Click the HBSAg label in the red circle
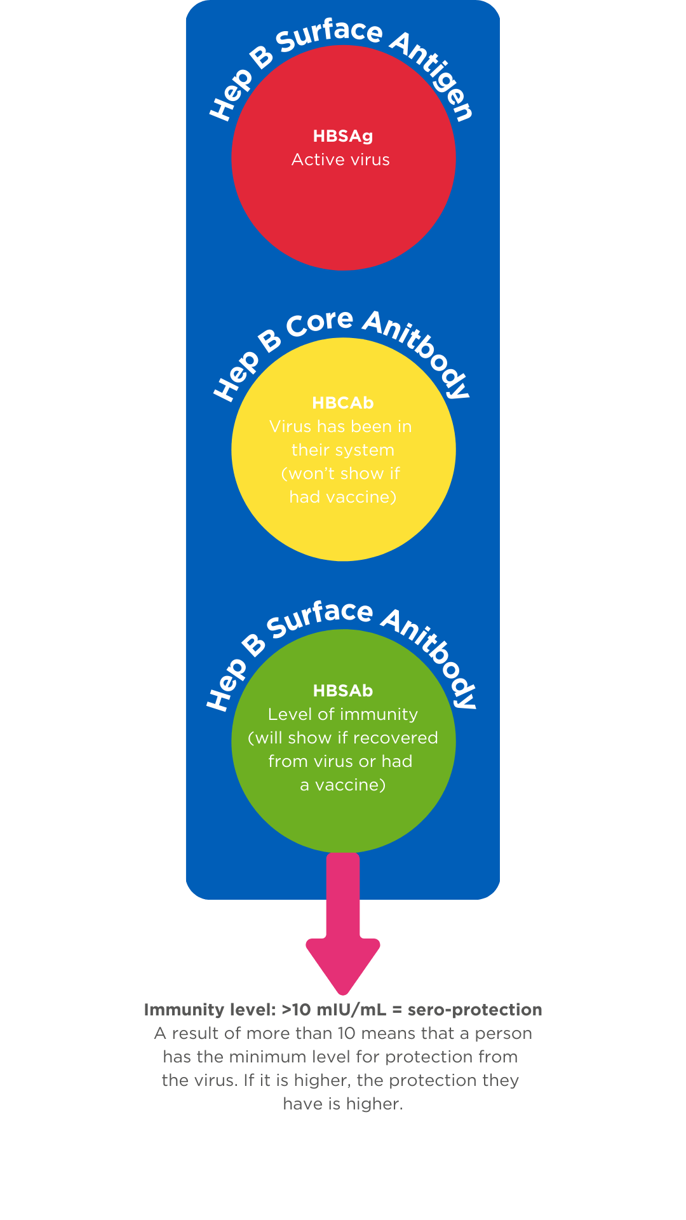343,136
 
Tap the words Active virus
340,159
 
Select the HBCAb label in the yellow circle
343,403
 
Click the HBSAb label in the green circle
343,691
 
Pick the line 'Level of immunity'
343,714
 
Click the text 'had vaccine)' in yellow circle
343,497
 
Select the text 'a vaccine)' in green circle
343,785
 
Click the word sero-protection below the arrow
474,1010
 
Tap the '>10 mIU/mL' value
333,1010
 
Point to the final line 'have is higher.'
343,1104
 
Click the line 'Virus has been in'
340,426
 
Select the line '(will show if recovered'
343,738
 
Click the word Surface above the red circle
330,35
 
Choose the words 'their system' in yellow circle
343,450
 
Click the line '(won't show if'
340,473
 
